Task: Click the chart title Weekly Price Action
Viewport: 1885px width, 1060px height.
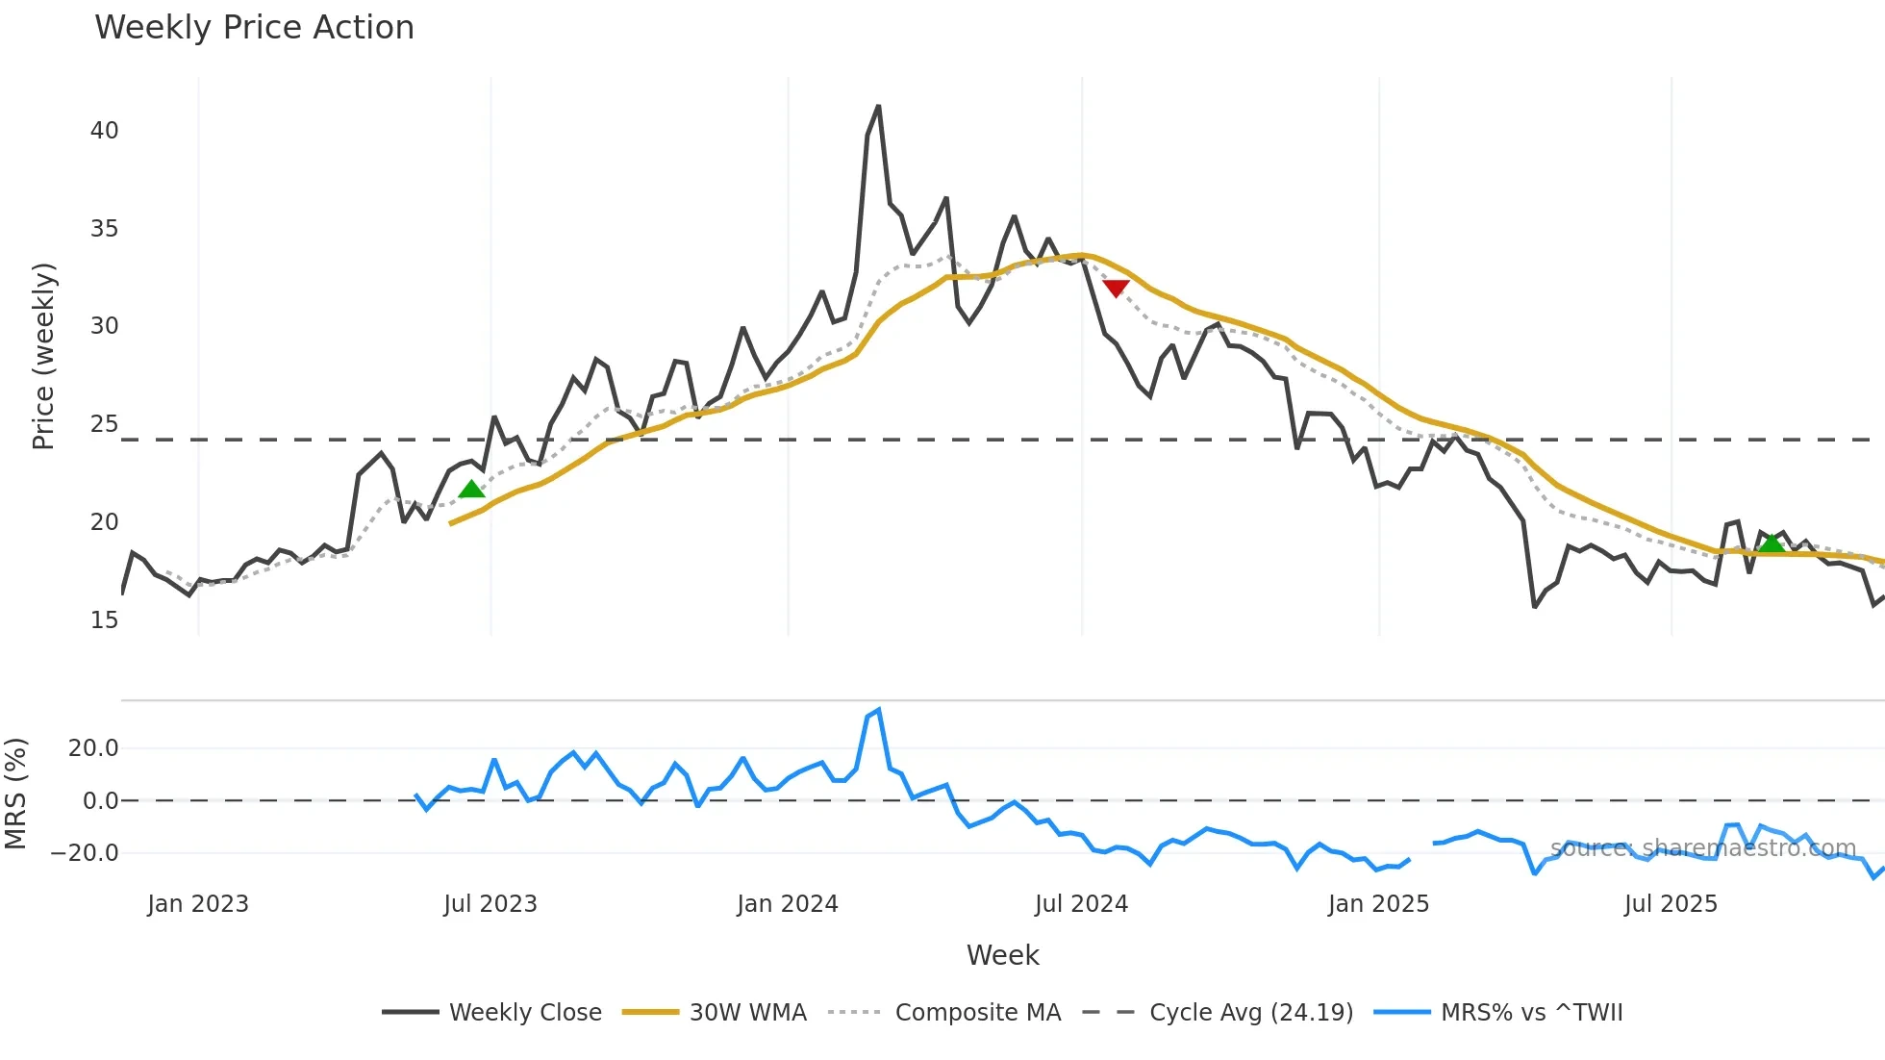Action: (x=254, y=28)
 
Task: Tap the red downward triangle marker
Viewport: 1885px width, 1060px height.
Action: (x=1116, y=288)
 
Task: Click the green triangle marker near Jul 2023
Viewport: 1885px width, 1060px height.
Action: (x=471, y=490)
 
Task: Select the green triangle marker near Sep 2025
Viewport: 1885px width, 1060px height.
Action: (x=1771, y=543)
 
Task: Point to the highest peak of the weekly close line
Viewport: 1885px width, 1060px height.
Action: (x=878, y=107)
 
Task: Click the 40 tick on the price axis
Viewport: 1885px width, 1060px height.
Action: (x=104, y=131)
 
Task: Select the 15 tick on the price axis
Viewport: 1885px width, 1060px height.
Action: (x=104, y=620)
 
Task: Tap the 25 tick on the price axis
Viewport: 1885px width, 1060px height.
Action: (x=104, y=424)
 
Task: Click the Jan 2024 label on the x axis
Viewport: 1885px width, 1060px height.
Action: (x=787, y=904)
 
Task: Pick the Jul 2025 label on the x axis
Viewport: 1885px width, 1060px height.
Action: (x=1670, y=904)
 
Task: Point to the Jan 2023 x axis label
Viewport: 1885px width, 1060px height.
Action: (x=197, y=904)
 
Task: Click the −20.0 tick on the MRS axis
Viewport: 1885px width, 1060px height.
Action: (x=85, y=853)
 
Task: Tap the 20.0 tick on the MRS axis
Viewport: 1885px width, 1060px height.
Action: (x=92, y=748)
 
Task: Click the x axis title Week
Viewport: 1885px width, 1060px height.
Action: (x=1002, y=955)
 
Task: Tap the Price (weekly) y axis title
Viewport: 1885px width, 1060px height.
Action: (x=43, y=356)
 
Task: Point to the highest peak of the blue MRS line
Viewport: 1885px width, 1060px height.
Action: (x=878, y=711)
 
